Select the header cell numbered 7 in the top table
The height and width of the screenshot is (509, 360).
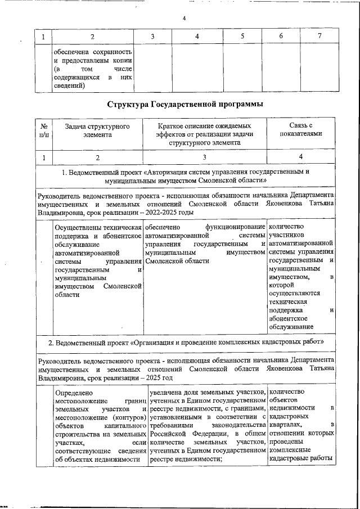click(x=319, y=37)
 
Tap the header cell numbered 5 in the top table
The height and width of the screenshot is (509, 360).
click(x=242, y=37)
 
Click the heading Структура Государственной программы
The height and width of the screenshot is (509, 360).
click(x=184, y=104)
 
